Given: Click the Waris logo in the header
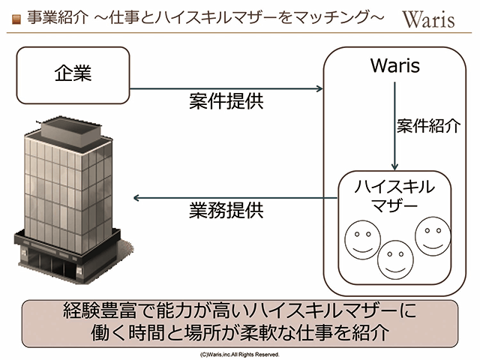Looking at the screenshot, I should coord(428,19).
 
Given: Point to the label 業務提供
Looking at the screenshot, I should coord(226,211).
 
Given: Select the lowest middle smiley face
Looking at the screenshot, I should coord(396,259).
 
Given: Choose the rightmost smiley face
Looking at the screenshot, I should coord(431,236).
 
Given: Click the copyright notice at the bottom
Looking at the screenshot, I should coord(240,352).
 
